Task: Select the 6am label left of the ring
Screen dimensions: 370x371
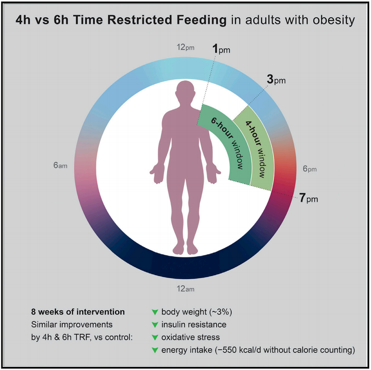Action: (x=60, y=165)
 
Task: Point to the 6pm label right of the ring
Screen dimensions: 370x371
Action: (x=310, y=169)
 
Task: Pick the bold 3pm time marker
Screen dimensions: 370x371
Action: (x=276, y=80)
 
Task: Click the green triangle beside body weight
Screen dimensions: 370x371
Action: (x=155, y=312)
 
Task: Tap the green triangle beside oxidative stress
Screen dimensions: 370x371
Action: (x=155, y=338)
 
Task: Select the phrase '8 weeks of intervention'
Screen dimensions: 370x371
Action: (x=78, y=312)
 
